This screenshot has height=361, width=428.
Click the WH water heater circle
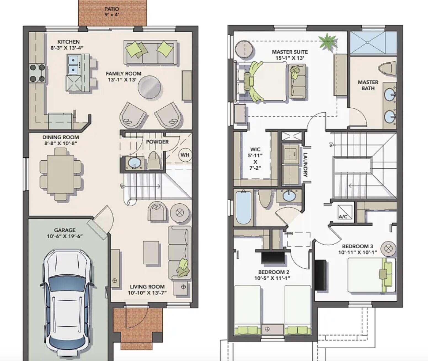click(185, 155)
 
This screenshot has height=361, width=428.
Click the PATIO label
click(112, 9)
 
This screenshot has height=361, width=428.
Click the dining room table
click(61, 174)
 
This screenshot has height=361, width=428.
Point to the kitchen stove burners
click(38, 73)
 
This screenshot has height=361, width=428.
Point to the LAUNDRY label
click(306, 165)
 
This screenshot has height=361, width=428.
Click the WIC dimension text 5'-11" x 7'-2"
click(255, 162)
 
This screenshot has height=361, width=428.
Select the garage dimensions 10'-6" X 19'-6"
click(65, 236)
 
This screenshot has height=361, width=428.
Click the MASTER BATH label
click(368, 85)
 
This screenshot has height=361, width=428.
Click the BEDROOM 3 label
click(357, 246)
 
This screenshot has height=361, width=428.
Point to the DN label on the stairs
click(330, 145)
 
